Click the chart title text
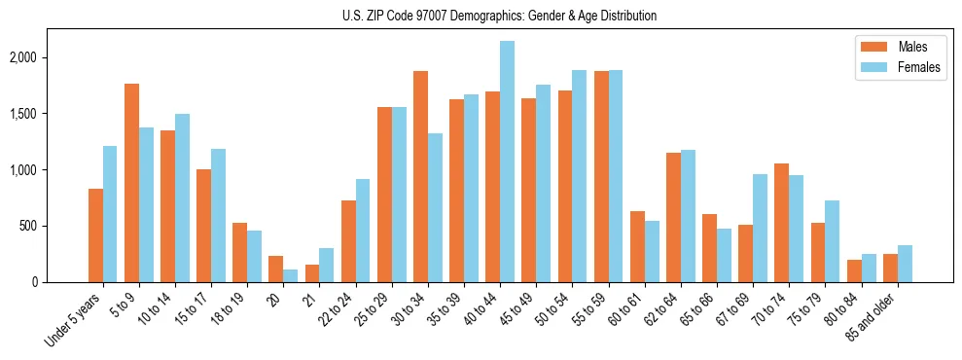click(499, 16)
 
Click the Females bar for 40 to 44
click(507, 162)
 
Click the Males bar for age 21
click(312, 273)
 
